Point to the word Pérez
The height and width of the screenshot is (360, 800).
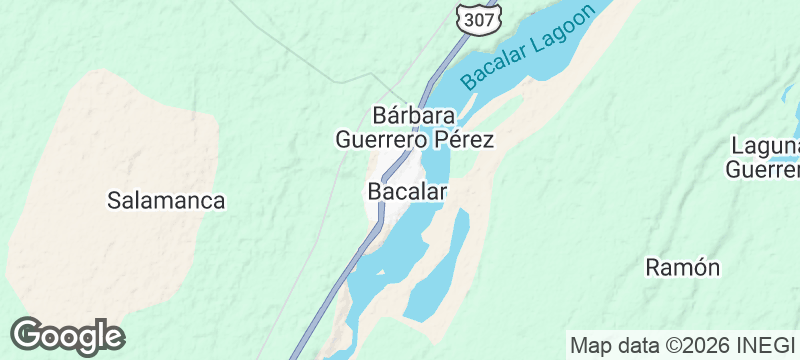pos(462,139)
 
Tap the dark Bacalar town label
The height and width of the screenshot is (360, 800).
pos(406,190)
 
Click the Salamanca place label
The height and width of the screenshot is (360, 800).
pos(166,200)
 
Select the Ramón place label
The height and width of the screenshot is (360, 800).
pos(683,267)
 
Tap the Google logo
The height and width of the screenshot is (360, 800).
pos(67,336)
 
